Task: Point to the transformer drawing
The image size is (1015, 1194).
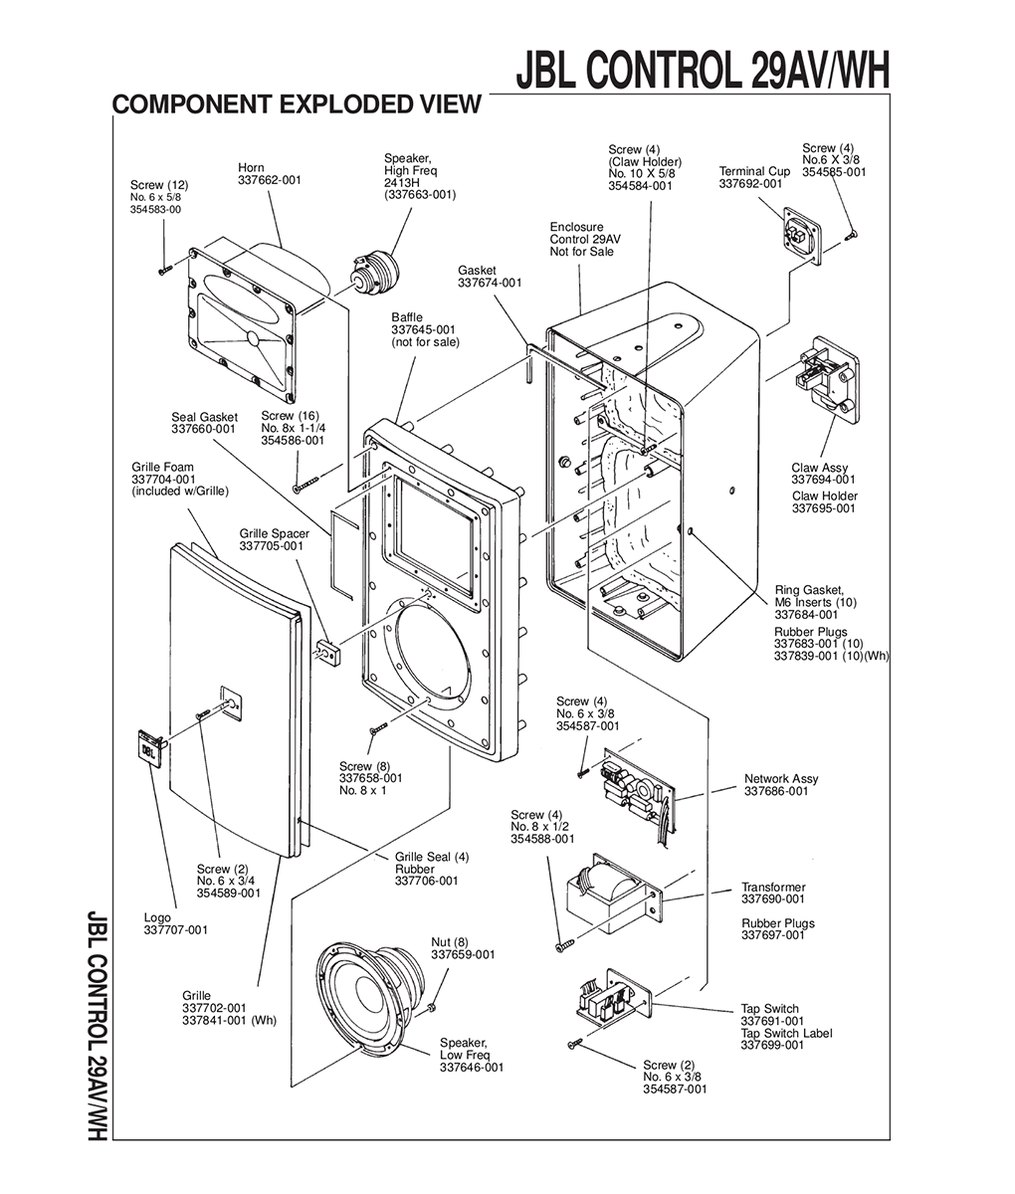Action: (613, 895)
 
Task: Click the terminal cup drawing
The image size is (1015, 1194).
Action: (802, 236)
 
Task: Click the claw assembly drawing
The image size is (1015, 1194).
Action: (827, 380)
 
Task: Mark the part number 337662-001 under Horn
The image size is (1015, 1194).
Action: (270, 180)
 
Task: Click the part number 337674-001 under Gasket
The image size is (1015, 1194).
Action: (490, 283)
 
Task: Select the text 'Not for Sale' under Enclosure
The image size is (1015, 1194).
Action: (582, 252)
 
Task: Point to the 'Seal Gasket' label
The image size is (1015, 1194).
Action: (205, 417)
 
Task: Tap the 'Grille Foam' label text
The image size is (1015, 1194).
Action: (163, 467)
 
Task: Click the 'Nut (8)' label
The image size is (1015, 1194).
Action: (450, 942)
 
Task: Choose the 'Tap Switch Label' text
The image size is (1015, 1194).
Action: (787, 1033)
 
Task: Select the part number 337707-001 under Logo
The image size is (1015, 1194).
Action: (175, 930)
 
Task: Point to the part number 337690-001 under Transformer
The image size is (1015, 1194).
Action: (773, 898)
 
